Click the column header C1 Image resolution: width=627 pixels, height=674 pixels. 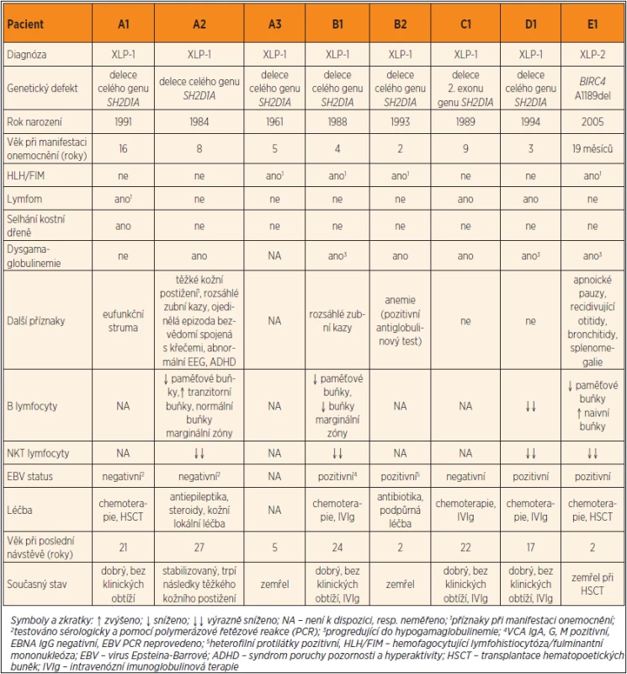point(465,24)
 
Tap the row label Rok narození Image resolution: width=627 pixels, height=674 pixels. point(35,121)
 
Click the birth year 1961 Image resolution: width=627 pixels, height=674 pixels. point(274,121)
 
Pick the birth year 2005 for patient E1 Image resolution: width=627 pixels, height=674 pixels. point(592,121)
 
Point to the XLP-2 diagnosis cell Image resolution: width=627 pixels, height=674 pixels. point(592,55)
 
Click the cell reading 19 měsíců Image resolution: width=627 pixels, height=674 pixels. point(592,149)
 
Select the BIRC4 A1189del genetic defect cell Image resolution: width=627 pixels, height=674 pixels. point(592,88)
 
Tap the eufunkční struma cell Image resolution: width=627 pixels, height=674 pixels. point(123,321)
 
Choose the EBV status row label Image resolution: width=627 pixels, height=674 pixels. point(29,476)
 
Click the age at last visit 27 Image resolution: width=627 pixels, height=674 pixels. point(199,547)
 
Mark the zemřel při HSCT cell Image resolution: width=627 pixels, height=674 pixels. point(592,584)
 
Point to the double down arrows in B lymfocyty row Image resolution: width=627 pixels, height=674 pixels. point(531,406)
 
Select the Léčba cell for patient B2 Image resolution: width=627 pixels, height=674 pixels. point(401,511)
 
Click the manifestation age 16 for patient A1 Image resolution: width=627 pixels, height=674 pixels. point(123,149)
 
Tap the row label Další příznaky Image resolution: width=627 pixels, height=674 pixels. point(35,321)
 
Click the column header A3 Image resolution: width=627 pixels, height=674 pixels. point(275,24)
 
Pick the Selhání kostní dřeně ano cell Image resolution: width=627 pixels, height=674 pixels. point(123,226)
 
